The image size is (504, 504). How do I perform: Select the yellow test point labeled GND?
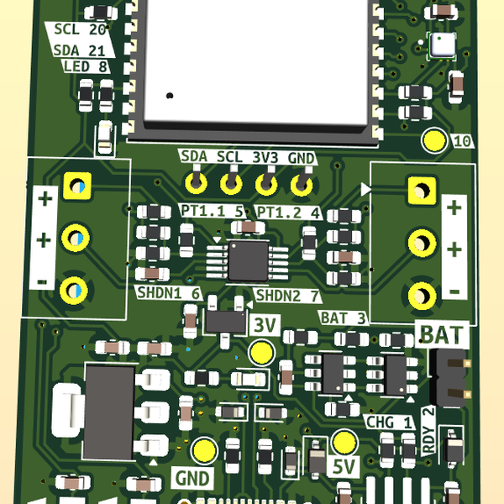click(204, 450)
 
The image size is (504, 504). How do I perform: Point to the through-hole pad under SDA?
click(196, 181)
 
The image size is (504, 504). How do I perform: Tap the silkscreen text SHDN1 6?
click(168, 293)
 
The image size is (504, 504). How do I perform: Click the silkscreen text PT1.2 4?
click(287, 212)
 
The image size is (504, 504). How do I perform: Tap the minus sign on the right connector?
click(454, 291)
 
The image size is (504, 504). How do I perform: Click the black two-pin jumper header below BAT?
click(449, 377)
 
